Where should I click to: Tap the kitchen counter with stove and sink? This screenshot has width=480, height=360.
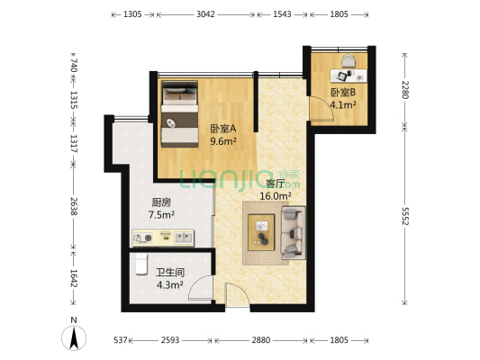click(x=163, y=238)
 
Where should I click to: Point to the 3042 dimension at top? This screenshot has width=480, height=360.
click(x=205, y=15)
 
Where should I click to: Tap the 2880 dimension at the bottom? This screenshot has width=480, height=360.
click(x=260, y=340)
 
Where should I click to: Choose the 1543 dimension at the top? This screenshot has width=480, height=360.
click(x=280, y=15)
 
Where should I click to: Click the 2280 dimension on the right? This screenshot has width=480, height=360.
click(x=405, y=90)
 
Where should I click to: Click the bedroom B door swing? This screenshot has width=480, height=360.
click(x=317, y=110)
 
